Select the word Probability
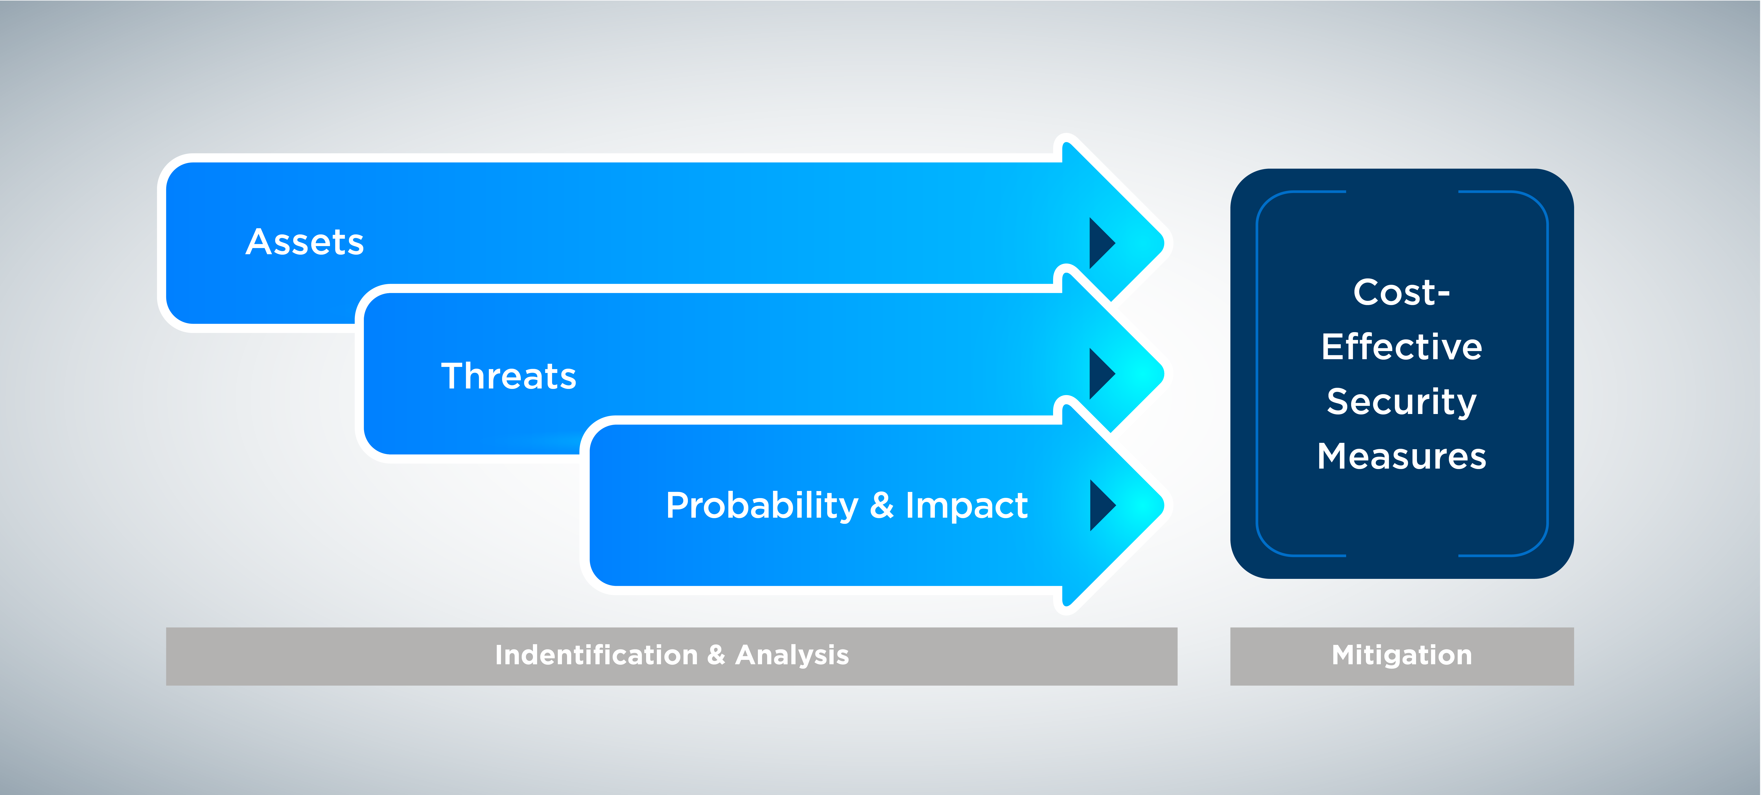click(762, 506)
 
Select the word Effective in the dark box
click(1401, 347)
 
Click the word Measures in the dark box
click(1401, 456)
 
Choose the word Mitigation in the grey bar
click(1401, 655)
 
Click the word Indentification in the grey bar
click(596, 655)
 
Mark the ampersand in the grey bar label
click(717, 655)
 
